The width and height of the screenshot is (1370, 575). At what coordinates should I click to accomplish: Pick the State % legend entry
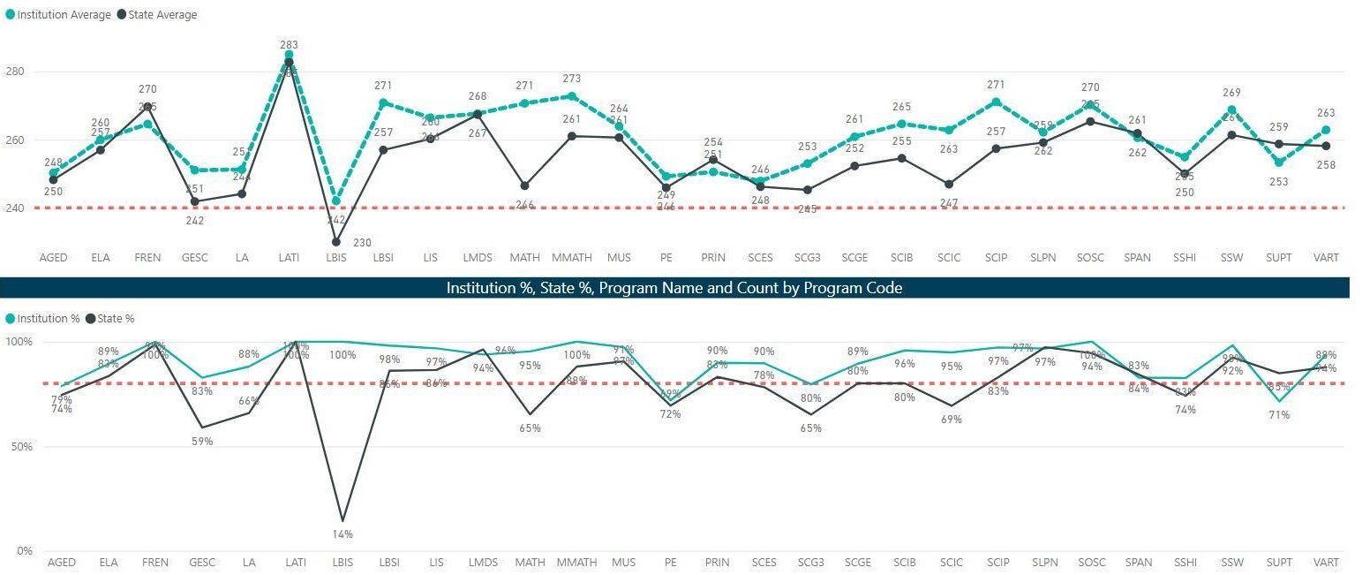116,318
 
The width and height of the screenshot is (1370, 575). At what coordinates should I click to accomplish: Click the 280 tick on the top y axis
19,72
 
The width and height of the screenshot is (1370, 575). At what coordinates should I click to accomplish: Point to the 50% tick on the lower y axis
19,447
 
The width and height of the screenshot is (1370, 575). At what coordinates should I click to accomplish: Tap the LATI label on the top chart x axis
289,258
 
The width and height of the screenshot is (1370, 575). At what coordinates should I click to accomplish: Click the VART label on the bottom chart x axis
1326,563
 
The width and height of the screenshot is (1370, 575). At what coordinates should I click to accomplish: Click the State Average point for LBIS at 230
336,241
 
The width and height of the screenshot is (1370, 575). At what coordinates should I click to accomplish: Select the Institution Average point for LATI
289,55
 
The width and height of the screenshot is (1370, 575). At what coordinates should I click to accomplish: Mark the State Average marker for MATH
525,185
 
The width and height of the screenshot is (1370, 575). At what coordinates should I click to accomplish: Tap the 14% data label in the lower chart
342,533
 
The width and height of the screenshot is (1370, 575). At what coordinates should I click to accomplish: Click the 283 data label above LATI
289,44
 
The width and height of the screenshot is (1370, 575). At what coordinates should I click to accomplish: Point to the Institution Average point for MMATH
572,96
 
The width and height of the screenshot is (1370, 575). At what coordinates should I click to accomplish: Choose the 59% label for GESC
202,442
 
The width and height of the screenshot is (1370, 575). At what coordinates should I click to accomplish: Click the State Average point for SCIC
949,184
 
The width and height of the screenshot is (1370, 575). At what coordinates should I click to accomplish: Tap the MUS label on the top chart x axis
620,258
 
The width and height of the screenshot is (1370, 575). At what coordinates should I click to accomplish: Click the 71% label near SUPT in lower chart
1278,415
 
